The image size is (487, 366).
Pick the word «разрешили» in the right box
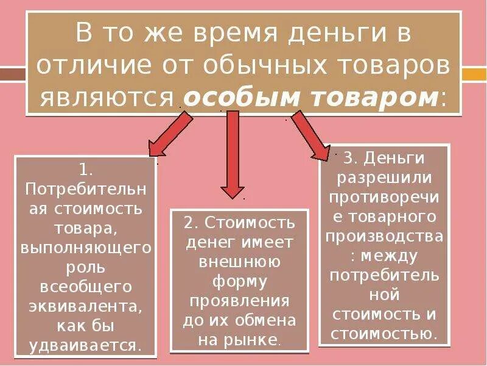pyautogui.click(x=384, y=178)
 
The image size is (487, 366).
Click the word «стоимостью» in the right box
pyautogui.click(x=384, y=333)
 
